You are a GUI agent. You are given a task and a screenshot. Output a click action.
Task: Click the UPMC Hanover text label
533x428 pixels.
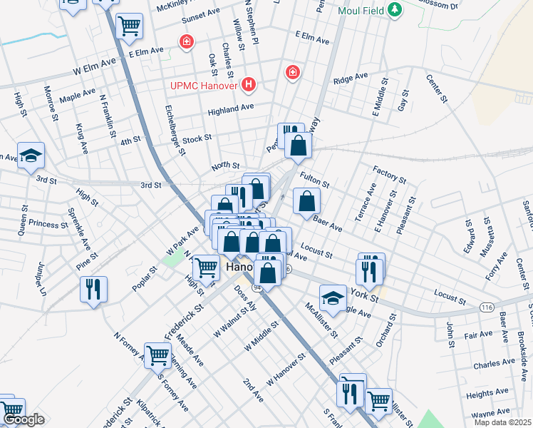(x=205, y=86)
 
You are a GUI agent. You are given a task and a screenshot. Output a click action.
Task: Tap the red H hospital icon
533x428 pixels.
(x=249, y=86)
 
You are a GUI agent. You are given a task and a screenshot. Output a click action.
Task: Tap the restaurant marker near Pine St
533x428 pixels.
(x=93, y=289)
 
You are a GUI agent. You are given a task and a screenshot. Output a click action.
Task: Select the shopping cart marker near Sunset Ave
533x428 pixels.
(x=130, y=26)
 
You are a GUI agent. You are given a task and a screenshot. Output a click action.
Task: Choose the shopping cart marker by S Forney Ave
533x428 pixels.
(x=158, y=355)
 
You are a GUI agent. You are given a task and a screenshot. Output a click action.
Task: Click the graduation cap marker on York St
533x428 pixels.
(x=333, y=297)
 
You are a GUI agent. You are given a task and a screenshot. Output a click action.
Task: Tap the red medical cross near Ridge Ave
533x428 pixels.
(x=291, y=72)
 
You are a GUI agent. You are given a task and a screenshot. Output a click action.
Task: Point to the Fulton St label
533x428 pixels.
(x=314, y=179)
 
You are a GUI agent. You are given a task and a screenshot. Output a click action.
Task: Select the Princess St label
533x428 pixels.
(x=49, y=224)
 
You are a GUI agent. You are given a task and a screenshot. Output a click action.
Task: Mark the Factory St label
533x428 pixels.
(x=389, y=173)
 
